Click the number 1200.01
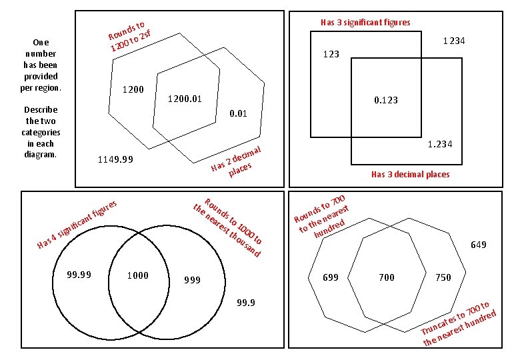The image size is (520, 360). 185,99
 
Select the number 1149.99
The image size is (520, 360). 115,159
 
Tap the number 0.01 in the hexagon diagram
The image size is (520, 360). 238,113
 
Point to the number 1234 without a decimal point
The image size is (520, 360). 454,41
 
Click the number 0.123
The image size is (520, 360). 385,100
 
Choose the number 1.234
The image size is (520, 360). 440,144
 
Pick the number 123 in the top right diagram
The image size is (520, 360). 331,54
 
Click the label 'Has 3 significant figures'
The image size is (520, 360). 365,22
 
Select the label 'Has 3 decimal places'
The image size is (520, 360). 410,175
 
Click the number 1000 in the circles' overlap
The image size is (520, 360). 137,275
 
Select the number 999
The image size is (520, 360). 193,280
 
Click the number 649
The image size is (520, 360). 478,245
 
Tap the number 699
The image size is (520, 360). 331,277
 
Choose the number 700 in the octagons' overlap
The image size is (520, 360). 387,277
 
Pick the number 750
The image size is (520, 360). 443,277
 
